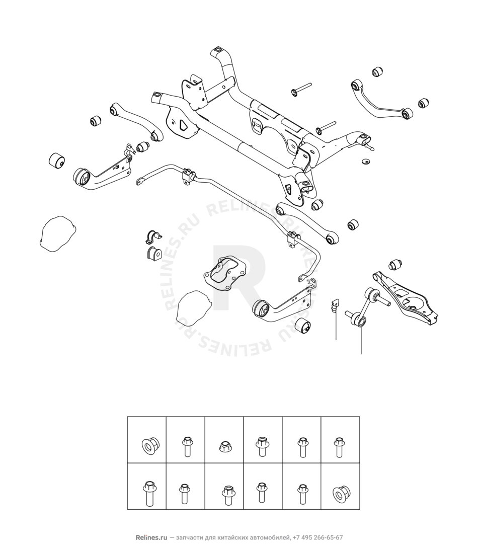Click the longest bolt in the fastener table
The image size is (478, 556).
click(148, 493)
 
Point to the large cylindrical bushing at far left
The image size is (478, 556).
click(56, 161)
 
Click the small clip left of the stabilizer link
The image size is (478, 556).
click(334, 305)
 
